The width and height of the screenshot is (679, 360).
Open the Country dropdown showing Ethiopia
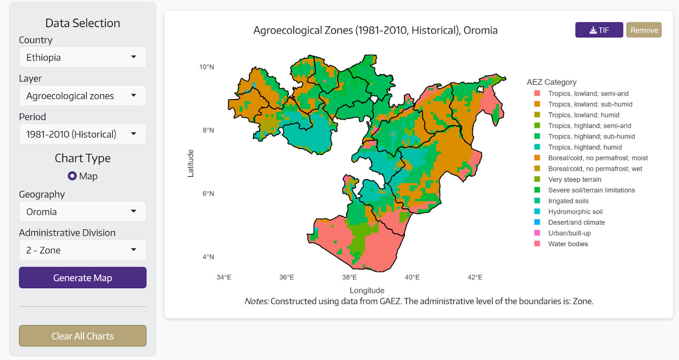tap(82, 57)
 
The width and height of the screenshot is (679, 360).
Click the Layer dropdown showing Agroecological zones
tap(82, 96)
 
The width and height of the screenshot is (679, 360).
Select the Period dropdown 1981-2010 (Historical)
tap(82, 134)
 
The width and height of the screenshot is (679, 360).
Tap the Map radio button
tap(72, 176)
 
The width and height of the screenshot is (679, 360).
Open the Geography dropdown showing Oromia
tap(82, 211)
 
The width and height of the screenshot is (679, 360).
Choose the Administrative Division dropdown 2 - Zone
tap(82, 250)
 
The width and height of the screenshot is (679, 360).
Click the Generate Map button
tap(82, 278)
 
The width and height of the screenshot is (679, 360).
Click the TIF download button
tap(599, 30)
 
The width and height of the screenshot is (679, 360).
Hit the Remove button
tap(644, 30)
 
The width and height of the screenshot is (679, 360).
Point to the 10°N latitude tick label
tap(207, 67)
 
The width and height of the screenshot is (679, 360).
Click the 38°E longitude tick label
tap(349, 277)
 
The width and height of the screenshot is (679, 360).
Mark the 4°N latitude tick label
tap(208, 257)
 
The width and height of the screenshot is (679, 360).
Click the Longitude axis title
tap(367, 290)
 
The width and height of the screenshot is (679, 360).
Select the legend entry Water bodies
tap(567, 244)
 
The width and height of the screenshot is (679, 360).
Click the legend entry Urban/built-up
tap(569, 233)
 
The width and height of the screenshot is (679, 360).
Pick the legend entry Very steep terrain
tap(574, 180)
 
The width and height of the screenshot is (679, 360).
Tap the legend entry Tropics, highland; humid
tap(584, 147)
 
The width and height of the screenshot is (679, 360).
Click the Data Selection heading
tap(82, 23)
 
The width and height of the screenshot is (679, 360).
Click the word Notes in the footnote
tap(256, 301)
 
